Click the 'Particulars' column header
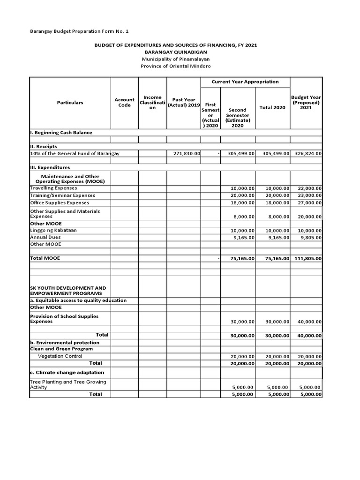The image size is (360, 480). pos(70,103)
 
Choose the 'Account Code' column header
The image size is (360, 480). pos(124,103)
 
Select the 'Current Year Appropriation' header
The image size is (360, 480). pos(245,82)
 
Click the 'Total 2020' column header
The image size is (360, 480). pos(272,108)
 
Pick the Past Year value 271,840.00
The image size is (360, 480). pos(184,153)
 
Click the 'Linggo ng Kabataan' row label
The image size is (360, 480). pos(53,230)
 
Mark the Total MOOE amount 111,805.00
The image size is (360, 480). pos(307,258)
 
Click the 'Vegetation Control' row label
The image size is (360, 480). pos(59,356)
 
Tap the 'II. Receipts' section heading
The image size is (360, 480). pos(44,146)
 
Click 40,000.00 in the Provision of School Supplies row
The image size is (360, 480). pos(309,322)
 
